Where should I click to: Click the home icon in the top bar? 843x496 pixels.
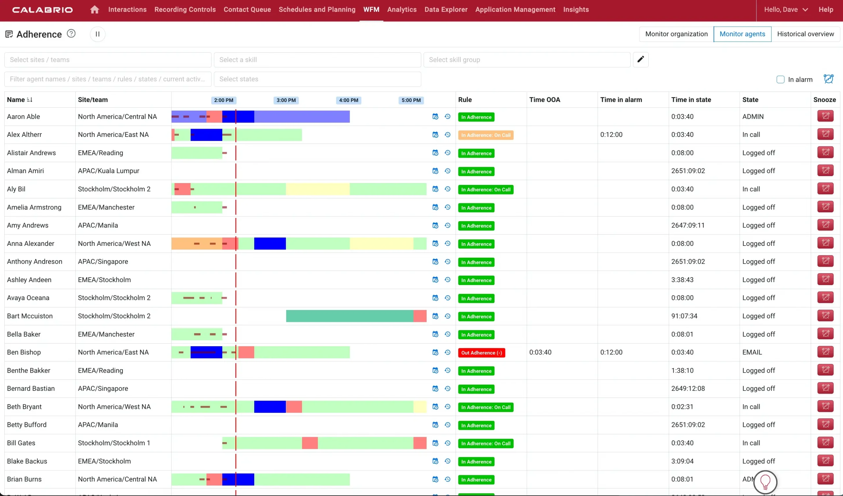pyautogui.click(x=94, y=10)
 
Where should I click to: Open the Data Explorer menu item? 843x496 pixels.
pyautogui.click(x=446, y=10)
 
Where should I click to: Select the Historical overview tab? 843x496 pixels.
pyautogui.click(x=805, y=34)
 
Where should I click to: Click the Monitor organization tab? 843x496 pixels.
pyautogui.click(x=676, y=34)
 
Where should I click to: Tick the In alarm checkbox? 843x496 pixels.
pyautogui.click(x=780, y=80)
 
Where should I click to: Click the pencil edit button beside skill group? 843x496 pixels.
pyautogui.click(x=640, y=60)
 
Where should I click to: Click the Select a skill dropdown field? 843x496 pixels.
pyautogui.click(x=317, y=60)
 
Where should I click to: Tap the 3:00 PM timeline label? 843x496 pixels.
pyautogui.click(x=286, y=100)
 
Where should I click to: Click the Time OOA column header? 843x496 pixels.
pyautogui.click(x=544, y=100)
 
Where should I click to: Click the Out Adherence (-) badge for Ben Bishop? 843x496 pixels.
pyautogui.click(x=481, y=353)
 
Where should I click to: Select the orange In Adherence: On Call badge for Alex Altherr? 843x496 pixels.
pyautogui.click(x=485, y=135)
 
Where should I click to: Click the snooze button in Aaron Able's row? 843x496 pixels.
pyautogui.click(x=825, y=116)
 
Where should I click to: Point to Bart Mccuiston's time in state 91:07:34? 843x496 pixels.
pyautogui.click(x=684, y=316)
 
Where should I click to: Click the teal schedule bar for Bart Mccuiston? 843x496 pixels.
pyautogui.click(x=349, y=316)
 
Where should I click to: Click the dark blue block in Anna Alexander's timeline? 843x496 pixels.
pyautogui.click(x=270, y=244)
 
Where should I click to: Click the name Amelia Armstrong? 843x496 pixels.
pyautogui.click(x=34, y=207)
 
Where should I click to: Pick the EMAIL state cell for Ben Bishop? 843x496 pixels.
pyautogui.click(x=752, y=352)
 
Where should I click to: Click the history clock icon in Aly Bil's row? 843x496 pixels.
pyautogui.click(x=447, y=189)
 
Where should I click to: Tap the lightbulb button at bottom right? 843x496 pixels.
pyautogui.click(x=765, y=482)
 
